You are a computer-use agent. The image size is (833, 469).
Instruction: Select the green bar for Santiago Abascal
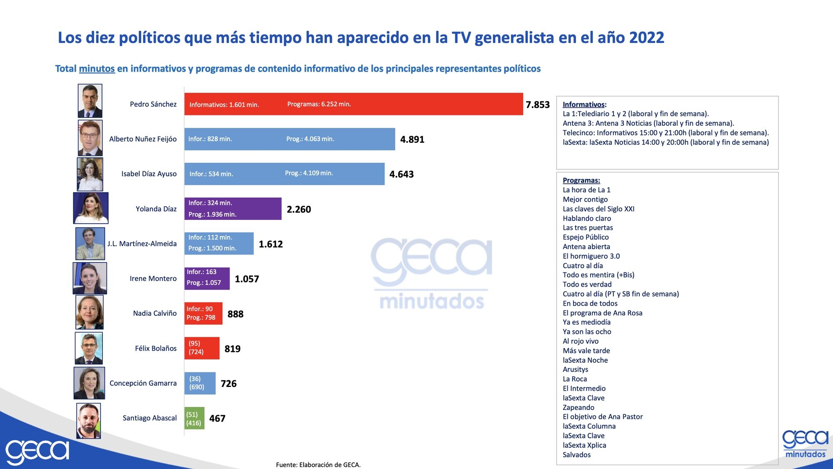coord(194,418)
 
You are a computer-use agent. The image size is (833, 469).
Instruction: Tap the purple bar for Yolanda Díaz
coord(233,209)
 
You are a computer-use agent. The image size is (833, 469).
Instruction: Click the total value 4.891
coord(412,140)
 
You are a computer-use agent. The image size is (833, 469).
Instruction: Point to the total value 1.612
coord(271,244)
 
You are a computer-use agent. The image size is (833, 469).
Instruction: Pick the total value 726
coord(228,384)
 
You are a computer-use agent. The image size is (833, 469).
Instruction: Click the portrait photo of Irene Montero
coord(90,278)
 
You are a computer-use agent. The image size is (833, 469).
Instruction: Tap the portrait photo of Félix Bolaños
coord(89,348)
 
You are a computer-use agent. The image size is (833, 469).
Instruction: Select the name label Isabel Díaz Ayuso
coord(149,174)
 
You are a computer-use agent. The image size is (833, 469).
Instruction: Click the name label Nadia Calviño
coord(155,313)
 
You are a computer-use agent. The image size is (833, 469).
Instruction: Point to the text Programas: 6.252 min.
coord(319,104)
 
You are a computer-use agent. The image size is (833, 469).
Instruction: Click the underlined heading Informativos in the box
coord(583,105)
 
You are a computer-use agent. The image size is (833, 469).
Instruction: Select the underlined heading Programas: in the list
coord(581,180)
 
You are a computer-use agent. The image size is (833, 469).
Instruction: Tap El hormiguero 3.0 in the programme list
coord(591,256)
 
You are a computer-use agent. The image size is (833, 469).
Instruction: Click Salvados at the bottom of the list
coord(576,455)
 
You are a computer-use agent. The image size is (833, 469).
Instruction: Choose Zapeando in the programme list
coord(578,407)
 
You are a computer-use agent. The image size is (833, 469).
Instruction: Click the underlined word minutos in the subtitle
coord(97,69)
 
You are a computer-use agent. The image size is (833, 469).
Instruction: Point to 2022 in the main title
coord(646,37)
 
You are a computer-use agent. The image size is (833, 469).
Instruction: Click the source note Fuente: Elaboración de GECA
coord(318,465)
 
